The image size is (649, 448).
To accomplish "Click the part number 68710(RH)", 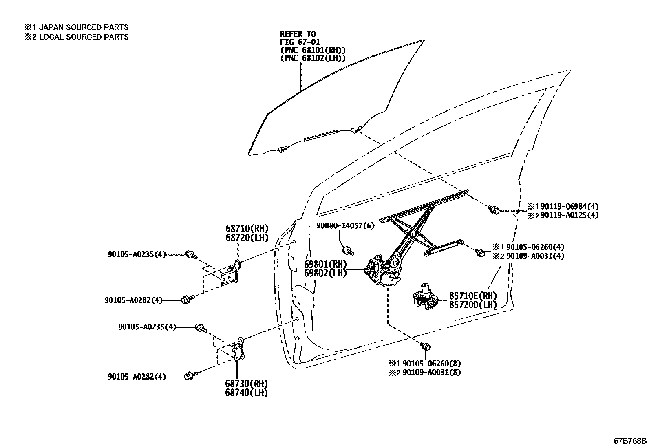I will pyautogui.click(x=247, y=228).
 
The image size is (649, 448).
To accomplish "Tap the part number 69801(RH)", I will pyautogui.click(x=325, y=264).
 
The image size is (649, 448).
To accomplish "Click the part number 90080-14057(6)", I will pyautogui.click(x=345, y=225).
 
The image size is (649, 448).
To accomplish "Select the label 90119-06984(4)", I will pyautogui.click(x=570, y=206).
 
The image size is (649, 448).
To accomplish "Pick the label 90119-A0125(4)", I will pyautogui.click(x=570, y=215).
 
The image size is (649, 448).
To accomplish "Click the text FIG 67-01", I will pyautogui.click(x=300, y=42).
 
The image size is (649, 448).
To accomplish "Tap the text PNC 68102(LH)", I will pyautogui.click(x=313, y=58).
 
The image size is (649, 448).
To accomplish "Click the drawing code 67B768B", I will pyautogui.click(x=630, y=441).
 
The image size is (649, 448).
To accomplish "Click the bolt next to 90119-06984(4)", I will pyautogui.click(x=494, y=210).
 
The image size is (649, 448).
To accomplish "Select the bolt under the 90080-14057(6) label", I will pyautogui.click(x=348, y=250).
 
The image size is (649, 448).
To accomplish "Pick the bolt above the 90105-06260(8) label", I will pyautogui.click(x=426, y=346).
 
